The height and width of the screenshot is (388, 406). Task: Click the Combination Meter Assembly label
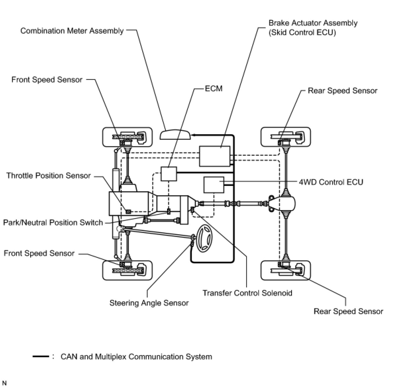(x=72, y=31)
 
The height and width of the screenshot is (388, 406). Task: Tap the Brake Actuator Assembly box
(x=215, y=156)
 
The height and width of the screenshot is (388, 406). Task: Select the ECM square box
(x=169, y=174)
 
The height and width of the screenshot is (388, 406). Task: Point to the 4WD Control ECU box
(x=214, y=185)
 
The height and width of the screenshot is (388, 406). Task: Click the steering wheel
(x=204, y=239)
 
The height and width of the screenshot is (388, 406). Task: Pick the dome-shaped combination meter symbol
(x=175, y=135)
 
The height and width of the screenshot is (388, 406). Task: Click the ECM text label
(x=214, y=89)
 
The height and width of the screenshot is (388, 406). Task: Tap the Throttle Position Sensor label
(x=48, y=176)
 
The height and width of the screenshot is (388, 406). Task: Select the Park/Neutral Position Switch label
(x=53, y=223)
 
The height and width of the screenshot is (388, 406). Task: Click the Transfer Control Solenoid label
(x=247, y=293)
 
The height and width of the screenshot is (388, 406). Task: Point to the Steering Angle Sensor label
(x=149, y=303)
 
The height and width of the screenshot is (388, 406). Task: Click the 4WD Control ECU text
(x=331, y=182)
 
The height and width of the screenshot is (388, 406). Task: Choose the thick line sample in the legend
(x=41, y=356)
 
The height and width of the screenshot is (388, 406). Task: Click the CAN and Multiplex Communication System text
(x=137, y=357)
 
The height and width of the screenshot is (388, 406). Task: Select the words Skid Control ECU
(x=302, y=33)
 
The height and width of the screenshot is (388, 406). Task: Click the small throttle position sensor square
(x=129, y=212)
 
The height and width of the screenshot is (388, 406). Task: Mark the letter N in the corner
(x=4, y=383)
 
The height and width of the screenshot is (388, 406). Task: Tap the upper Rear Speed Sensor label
(x=343, y=91)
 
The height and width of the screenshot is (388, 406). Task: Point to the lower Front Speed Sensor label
(x=39, y=253)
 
